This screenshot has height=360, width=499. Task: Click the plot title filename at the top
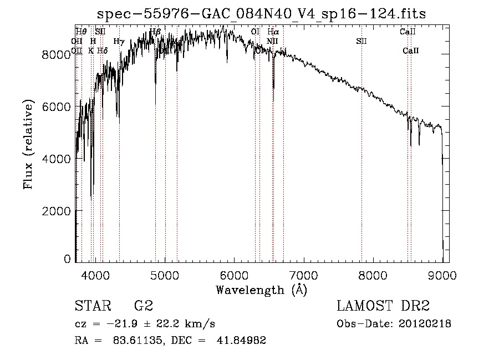pos(262,14)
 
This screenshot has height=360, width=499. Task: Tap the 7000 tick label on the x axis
pos(303,275)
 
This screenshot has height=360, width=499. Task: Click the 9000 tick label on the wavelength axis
pos(442,275)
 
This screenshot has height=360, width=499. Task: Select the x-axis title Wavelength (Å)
pos(261,290)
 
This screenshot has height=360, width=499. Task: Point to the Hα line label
pos(273,32)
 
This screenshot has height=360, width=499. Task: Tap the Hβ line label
pos(155,32)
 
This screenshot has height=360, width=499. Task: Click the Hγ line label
pos(119,41)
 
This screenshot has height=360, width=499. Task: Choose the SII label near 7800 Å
pos(361,41)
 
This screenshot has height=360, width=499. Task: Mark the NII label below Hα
pos(272,41)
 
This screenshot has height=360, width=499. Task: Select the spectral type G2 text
pos(144,306)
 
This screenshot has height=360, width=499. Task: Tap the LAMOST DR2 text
pos(383,306)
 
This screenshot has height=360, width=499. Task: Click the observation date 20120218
pos(424,324)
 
